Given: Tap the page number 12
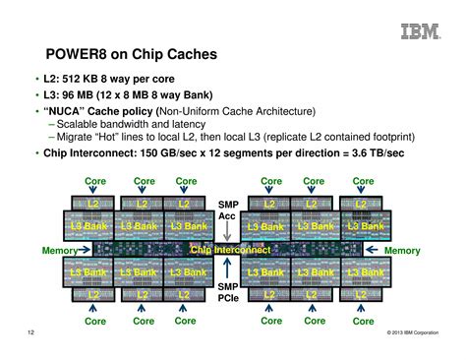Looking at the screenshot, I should [32, 335].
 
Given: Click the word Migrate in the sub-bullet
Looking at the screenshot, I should [77, 139].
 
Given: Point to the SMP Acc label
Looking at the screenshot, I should [227, 210].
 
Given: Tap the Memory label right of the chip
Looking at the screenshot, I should [401, 251].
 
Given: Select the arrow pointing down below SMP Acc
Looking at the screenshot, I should [227, 231].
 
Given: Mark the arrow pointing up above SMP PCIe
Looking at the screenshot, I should [227, 270].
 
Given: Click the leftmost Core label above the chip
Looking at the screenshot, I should [95, 181].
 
